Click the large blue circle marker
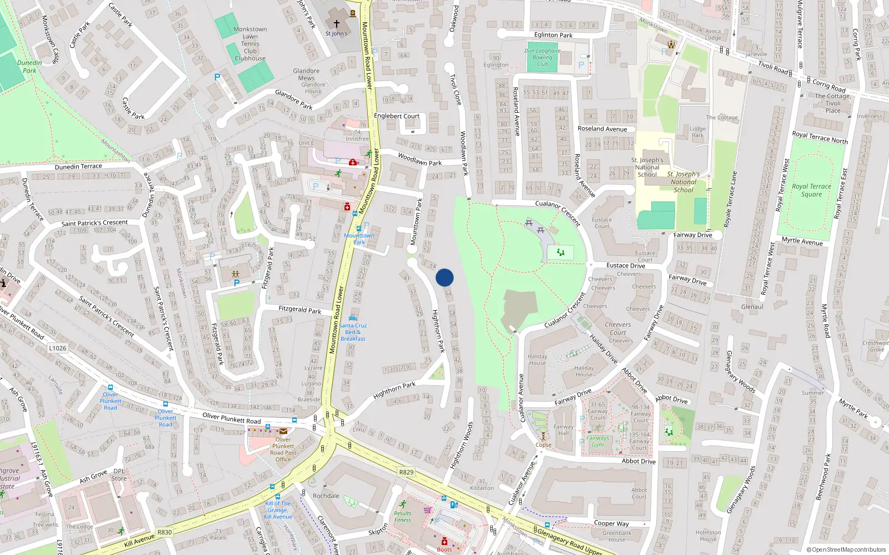444,277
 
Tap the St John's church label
336,33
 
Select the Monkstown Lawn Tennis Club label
250,43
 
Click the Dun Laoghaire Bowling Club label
542,57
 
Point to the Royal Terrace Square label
811,190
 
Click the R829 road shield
406,472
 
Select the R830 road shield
164,532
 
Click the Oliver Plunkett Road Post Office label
283,449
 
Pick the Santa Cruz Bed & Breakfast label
353,332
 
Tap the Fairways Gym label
597,441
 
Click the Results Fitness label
403,517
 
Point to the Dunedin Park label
29,67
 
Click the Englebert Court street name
397,116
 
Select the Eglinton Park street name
553,35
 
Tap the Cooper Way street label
611,523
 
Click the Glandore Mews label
306,74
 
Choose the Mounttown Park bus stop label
359,239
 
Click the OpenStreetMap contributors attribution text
846,549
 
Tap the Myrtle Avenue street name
802,241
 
